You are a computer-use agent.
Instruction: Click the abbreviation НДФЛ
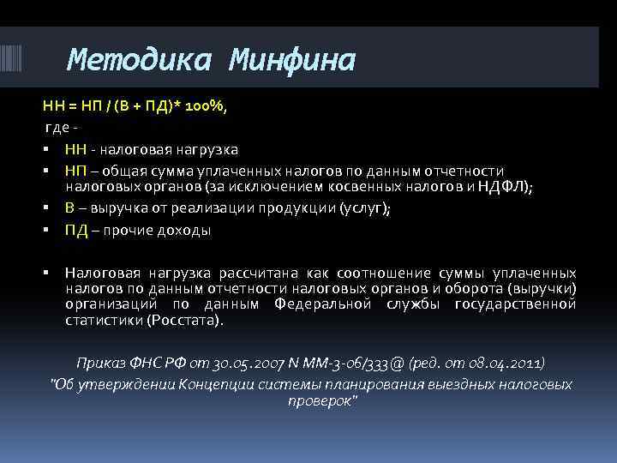click(x=501, y=190)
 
